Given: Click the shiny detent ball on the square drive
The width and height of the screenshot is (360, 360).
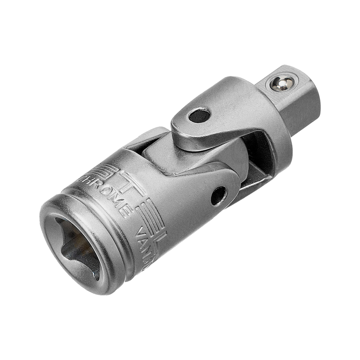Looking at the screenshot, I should [x=282, y=84].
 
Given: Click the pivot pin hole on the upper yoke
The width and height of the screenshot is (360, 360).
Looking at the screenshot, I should [x=199, y=116].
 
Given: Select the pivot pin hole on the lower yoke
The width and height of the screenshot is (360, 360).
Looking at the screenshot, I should [x=219, y=196].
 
